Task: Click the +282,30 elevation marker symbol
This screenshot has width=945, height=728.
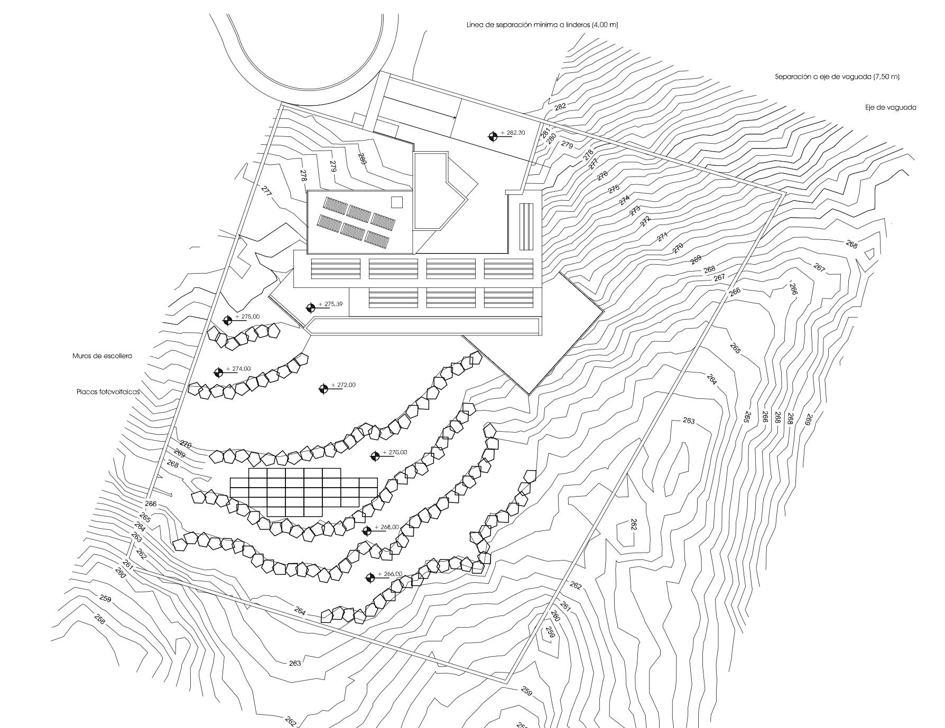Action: (x=493, y=136)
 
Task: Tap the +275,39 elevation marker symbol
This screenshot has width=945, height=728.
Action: (x=311, y=307)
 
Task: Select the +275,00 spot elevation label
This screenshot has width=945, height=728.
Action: (x=250, y=316)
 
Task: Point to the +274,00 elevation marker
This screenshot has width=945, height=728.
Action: (x=218, y=372)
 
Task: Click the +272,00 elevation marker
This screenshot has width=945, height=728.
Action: (x=323, y=389)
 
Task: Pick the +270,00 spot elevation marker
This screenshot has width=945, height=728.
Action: (x=375, y=456)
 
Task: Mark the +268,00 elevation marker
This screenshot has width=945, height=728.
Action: (x=367, y=531)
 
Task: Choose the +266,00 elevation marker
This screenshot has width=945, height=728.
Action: (x=370, y=578)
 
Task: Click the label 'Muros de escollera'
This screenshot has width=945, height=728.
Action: (x=102, y=356)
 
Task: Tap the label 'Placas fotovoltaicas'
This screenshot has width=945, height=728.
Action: (x=108, y=393)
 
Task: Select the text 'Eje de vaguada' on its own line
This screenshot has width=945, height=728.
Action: (x=891, y=107)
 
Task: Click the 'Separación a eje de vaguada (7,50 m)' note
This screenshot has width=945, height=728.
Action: (x=837, y=77)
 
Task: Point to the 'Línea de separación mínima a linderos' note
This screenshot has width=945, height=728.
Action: (x=543, y=25)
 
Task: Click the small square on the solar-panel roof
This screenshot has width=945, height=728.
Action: (x=397, y=202)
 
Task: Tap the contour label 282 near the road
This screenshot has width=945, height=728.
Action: (x=560, y=106)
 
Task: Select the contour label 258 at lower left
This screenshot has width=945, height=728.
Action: (x=100, y=619)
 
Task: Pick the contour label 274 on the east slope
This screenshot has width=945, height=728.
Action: (x=625, y=200)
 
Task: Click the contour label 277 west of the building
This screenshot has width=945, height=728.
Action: (x=266, y=191)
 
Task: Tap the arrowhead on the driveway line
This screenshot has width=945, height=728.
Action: (x=454, y=117)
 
